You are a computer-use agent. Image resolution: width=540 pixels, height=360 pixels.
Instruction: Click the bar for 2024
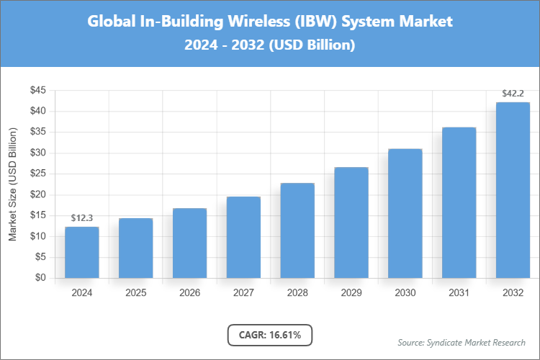pos(82,253)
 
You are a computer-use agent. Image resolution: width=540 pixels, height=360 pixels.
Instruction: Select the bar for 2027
pos(243,238)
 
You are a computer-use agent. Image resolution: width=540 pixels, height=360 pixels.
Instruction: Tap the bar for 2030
pos(405,214)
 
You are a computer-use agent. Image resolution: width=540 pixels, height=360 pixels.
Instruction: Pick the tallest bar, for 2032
pos(513,190)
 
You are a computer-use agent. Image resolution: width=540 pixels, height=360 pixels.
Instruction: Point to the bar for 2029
pos(351,222)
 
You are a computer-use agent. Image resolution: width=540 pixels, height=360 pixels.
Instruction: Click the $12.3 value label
pos(82,217)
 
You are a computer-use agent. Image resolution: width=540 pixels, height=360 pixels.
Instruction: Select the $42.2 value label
pos(513,94)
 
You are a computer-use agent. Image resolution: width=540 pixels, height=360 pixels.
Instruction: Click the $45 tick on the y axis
pos(37,91)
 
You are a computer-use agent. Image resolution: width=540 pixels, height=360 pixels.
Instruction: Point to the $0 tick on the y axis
pos(40,278)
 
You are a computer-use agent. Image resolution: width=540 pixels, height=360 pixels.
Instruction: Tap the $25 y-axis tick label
pos(37,174)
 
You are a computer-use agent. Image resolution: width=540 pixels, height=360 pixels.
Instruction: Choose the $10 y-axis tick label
pos(37,236)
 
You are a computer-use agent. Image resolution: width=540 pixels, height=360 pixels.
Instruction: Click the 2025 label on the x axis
pos(136,293)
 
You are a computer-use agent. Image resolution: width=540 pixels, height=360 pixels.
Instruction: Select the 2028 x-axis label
pos(297,293)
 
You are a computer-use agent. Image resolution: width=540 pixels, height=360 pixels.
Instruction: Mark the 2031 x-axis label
pos(459,293)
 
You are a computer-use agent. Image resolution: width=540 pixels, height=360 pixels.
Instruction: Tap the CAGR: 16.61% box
pos(270,335)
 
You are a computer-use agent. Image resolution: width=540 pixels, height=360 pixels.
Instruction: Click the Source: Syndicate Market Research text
pos(462,342)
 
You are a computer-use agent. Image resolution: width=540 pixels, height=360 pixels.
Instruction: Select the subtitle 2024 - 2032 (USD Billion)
pos(270,45)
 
